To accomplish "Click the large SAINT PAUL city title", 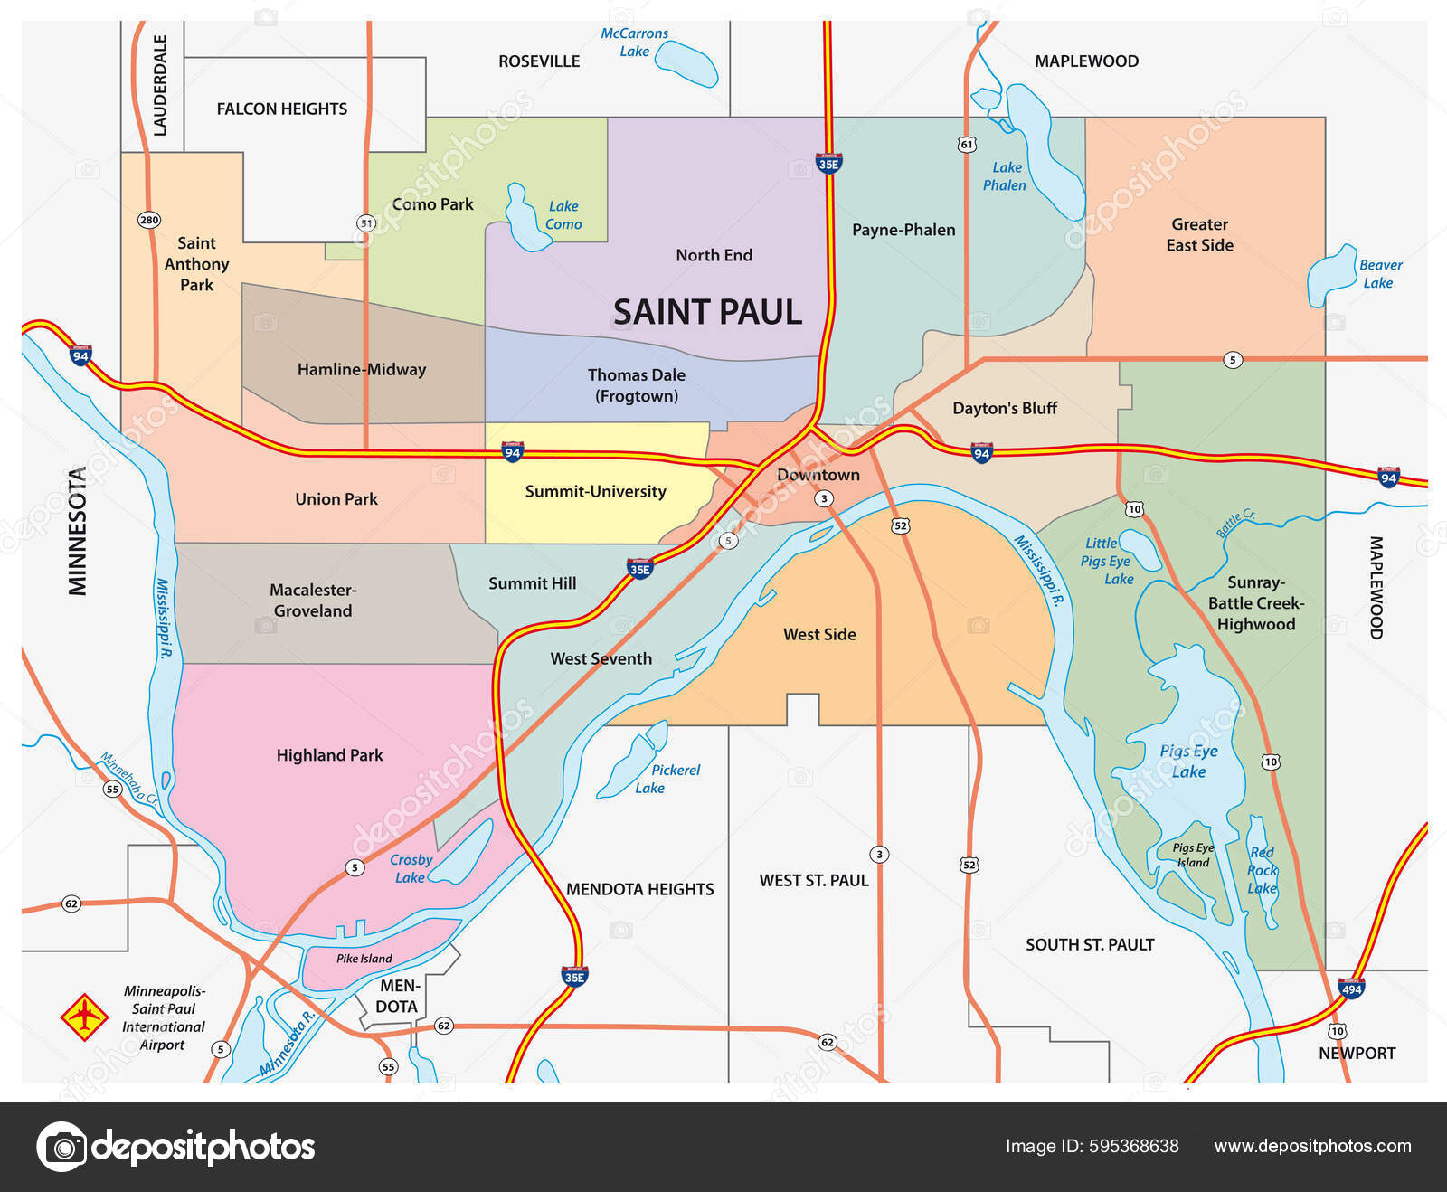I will [707, 312].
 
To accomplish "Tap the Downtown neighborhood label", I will [818, 475].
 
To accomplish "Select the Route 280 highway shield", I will [149, 220].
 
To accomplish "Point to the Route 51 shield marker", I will [365, 222].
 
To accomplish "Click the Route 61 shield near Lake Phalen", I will [967, 144].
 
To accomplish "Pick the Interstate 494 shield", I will [1351, 988].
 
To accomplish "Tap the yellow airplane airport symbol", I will [84, 1017].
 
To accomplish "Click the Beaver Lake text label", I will [1380, 274].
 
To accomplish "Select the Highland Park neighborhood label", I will [329, 755].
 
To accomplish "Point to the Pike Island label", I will [364, 959].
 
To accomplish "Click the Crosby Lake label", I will [411, 868].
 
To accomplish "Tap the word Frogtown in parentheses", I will [637, 396].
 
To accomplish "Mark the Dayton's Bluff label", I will [1004, 408].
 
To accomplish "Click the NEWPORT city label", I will [1357, 1053].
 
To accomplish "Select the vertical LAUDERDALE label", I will [160, 85].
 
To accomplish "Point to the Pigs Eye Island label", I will [1193, 855].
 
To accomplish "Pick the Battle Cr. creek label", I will [1235, 523].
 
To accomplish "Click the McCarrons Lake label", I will [634, 43].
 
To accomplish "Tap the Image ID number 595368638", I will [1134, 1146].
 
